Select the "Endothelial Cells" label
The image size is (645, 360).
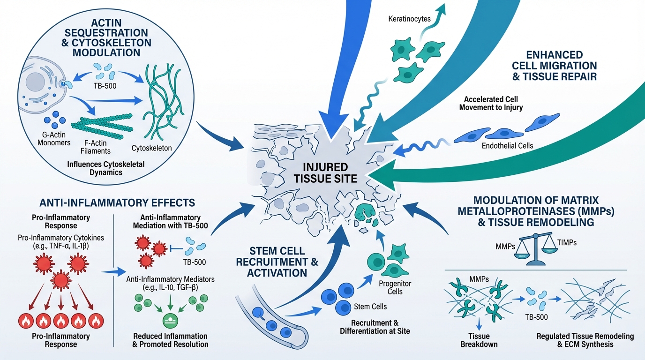[x=508, y=146]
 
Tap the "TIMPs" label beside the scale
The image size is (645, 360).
[x=567, y=242]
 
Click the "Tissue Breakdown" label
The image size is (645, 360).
[x=479, y=340]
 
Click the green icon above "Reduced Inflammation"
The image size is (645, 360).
[x=169, y=321]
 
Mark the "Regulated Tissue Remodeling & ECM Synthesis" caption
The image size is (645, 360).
[x=585, y=340]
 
